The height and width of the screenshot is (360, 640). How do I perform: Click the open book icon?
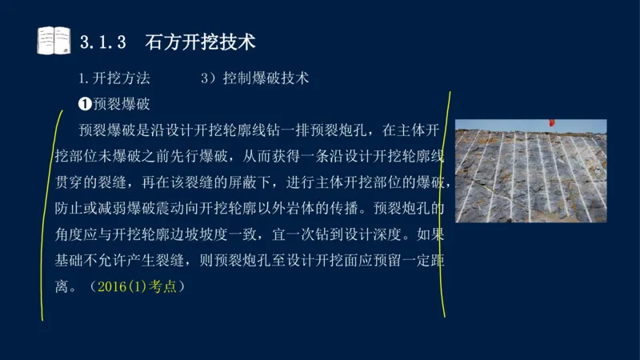(x=54, y=40)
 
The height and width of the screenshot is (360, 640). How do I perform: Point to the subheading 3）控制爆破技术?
(x=255, y=79)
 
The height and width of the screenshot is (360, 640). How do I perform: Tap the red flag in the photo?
(x=550, y=122)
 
